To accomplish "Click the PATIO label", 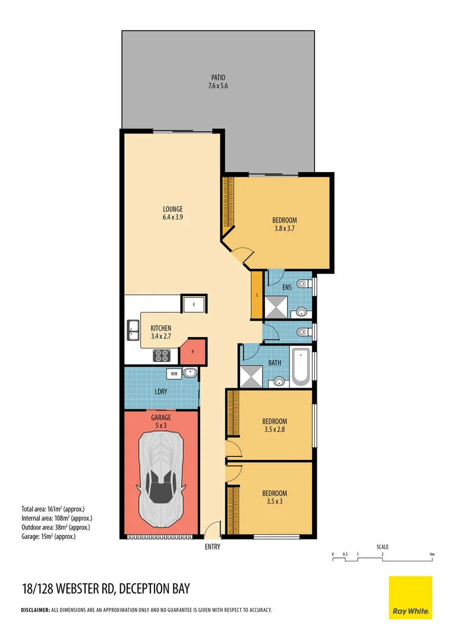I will (219, 77).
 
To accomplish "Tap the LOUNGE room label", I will (173, 209).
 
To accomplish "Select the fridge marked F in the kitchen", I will (194, 304).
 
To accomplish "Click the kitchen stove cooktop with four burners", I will (162, 355).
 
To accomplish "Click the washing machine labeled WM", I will (175, 374).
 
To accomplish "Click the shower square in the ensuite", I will (275, 307).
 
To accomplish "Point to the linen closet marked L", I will (257, 295).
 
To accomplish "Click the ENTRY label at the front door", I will (212, 547).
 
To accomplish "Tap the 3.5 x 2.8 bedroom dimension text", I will (275, 429).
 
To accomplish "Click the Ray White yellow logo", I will (411, 598).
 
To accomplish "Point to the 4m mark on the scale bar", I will (433, 554).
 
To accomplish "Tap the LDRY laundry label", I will (160, 392).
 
